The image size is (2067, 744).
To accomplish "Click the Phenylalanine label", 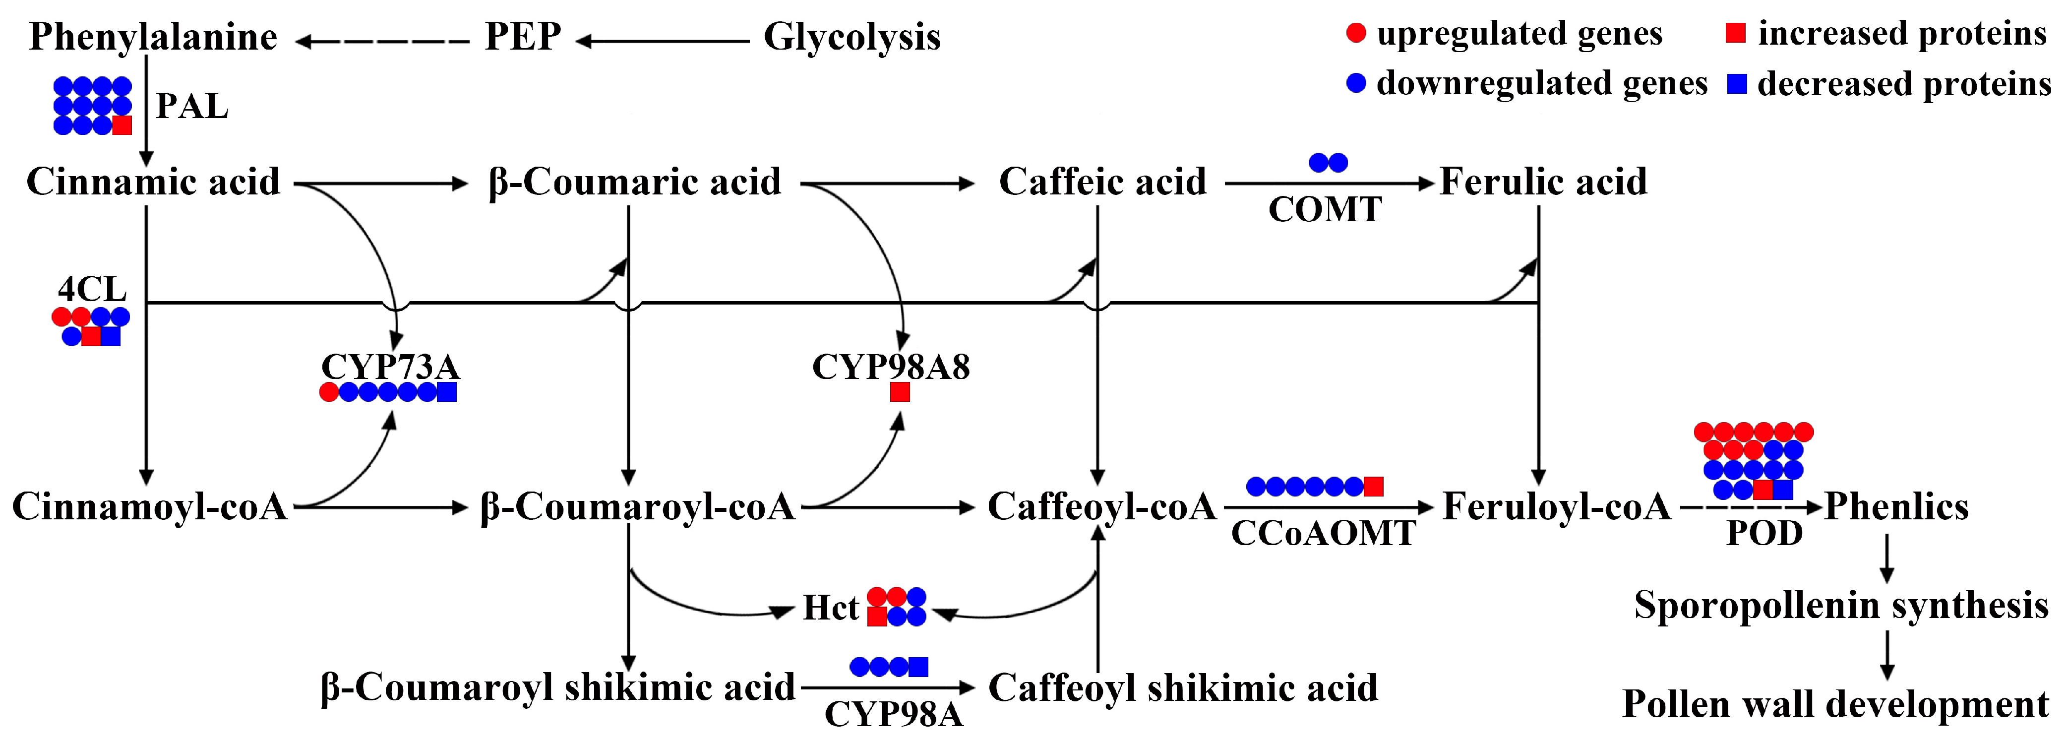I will click(x=152, y=37).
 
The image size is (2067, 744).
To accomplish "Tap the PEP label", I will click(x=522, y=37).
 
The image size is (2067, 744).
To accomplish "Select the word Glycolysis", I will click(x=851, y=37).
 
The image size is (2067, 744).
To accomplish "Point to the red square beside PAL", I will click(x=122, y=125).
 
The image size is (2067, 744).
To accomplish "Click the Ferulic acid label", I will click(x=1543, y=182).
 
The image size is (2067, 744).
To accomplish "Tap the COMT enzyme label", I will click(x=1325, y=209).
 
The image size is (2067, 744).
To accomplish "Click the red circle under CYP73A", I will click(x=329, y=392).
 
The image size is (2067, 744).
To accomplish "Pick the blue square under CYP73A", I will click(x=447, y=392).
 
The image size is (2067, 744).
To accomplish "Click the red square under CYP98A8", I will click(x=900, y=392).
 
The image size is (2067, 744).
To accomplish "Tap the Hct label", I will click(x=831, y=608).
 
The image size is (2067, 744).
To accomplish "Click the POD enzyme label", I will click(x=1764, y=533).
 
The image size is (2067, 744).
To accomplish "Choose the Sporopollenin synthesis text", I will click(x=1841, y=605).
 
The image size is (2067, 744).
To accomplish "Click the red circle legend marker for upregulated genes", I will click(x=1355, y=34).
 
